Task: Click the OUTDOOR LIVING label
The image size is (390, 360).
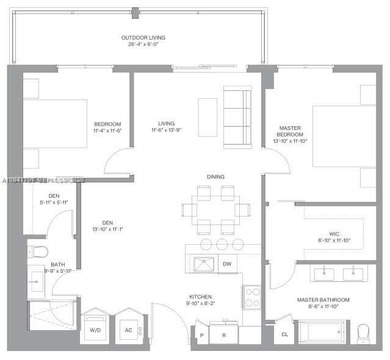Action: click(144, 38)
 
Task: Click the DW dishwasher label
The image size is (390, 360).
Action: click(227, 264)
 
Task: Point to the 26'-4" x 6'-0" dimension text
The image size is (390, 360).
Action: click(144, 45)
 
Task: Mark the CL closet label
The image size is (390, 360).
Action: click(284, 333)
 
